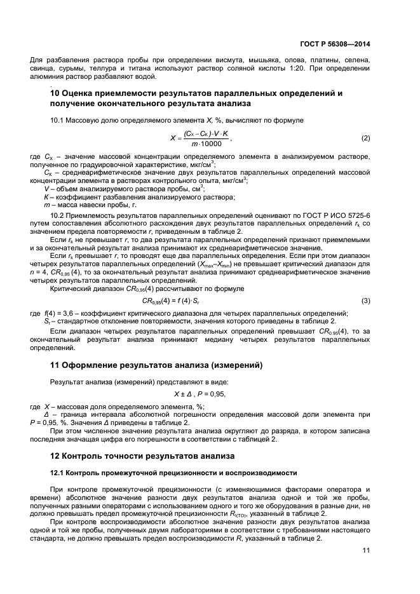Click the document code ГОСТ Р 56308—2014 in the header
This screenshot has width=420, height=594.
click(334, 44)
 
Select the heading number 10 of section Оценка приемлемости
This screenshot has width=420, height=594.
click(55, 93)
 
